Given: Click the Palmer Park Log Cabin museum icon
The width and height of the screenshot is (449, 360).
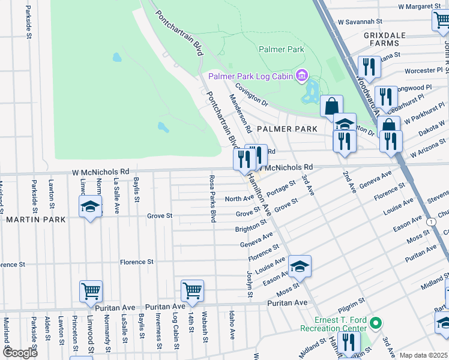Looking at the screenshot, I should [x=301, y=76].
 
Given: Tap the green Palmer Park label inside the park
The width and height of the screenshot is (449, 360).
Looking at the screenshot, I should [x=281, y=49].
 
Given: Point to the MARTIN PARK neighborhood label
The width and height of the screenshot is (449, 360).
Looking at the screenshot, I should [x=36, y=220].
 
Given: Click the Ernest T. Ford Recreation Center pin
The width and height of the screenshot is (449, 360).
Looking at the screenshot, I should [x=376, y=323].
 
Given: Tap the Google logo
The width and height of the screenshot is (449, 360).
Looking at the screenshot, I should [x=20, y=353].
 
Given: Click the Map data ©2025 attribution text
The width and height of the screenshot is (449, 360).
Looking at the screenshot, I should [x=423, y=355].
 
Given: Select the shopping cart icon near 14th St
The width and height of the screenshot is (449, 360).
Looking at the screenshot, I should [x=193, y=291].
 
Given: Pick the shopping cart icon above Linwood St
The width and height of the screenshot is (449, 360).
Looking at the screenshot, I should [x=91, y=292].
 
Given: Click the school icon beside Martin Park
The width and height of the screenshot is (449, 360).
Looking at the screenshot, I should [x=91, y=207].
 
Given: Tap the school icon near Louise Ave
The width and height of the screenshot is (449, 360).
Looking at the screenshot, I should [x=300, y=266].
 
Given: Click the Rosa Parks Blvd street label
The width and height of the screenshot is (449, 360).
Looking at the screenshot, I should [x=212, y=199].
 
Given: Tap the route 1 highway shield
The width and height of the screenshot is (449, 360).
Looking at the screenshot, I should [x=432, y=222].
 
